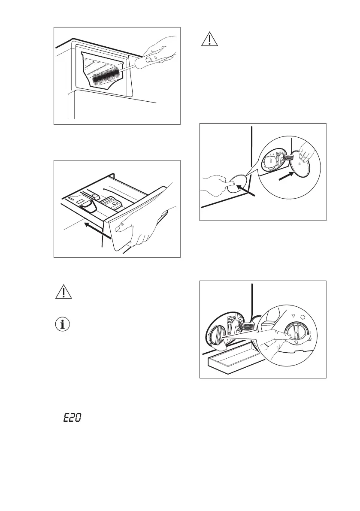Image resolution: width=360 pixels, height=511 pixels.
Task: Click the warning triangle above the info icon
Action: point(64,292)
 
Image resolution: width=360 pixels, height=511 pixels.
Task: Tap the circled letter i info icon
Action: point(64,324)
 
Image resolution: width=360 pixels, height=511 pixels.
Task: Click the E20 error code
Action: point(73,417)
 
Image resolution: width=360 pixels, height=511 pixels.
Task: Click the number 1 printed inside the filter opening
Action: point(270,160)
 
